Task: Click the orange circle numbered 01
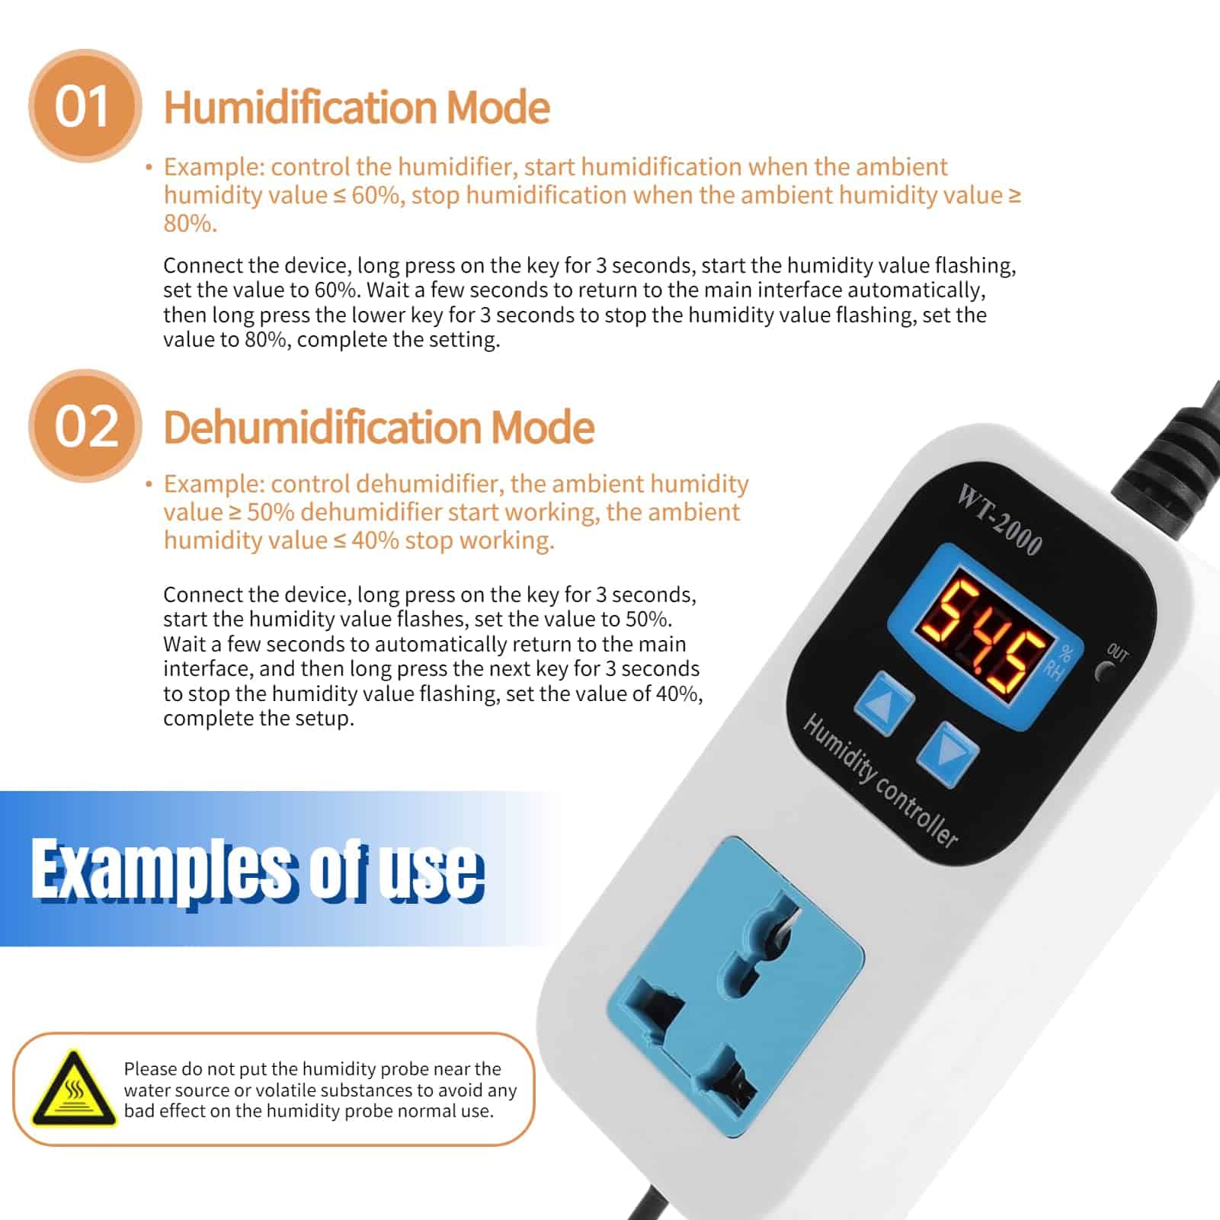click(85, 106)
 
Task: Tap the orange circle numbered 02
click(85, 426)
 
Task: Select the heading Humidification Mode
click(357, 107)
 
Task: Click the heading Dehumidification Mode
click(379, 427)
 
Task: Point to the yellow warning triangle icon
click(74, 1090)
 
